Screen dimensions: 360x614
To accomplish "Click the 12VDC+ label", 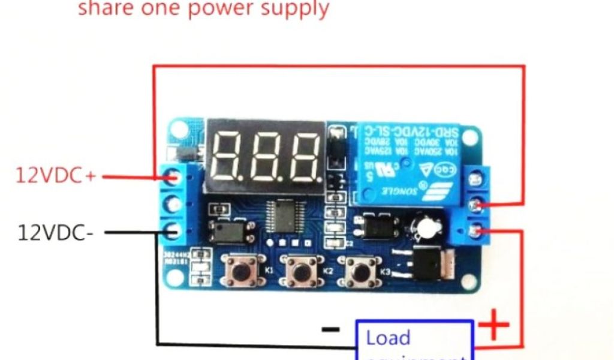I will (56, 176).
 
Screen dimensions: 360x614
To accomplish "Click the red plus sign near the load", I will (493, 325).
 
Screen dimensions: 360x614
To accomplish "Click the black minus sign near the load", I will (330, 329).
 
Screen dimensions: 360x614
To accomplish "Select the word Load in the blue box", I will (388, 338).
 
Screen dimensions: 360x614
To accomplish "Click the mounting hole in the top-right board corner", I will (469, 137).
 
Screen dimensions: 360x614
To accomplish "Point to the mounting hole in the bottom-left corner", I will (175, 277).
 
